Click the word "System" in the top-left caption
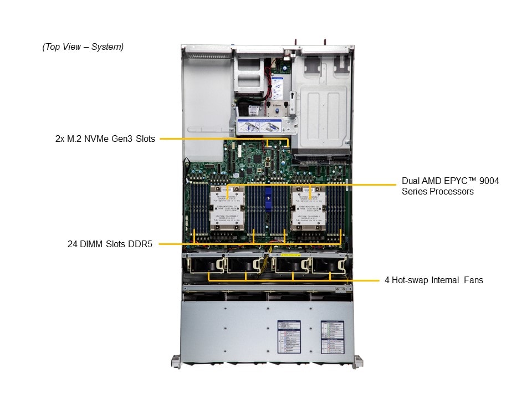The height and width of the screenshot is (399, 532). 108,47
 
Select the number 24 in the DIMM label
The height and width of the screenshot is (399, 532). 70,244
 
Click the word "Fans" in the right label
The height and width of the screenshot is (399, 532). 472,280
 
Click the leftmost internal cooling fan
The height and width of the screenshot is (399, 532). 206,265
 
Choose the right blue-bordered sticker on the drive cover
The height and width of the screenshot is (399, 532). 332,335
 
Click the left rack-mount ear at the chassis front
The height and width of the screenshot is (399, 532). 176,361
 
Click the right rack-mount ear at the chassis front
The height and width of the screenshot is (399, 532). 359,361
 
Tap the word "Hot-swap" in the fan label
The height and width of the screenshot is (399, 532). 410,280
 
